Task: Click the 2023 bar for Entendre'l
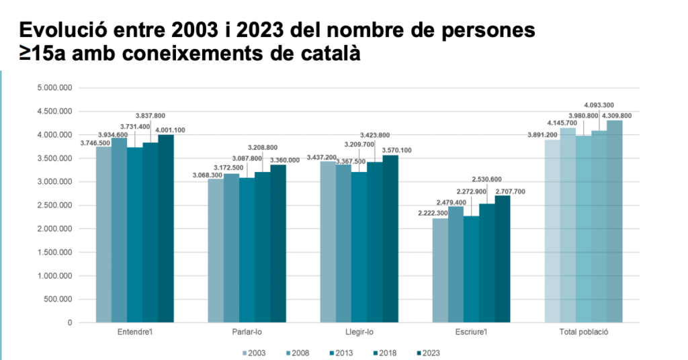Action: [166, 228]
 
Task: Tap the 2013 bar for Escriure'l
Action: [471, 269]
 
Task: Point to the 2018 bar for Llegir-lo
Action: [375, 242]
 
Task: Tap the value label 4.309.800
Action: [617, 116]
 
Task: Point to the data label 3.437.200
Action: [321, 156]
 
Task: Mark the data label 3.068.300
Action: [209, 175]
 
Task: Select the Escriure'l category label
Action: [471, 332]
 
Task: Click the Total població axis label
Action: [583, 332]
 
